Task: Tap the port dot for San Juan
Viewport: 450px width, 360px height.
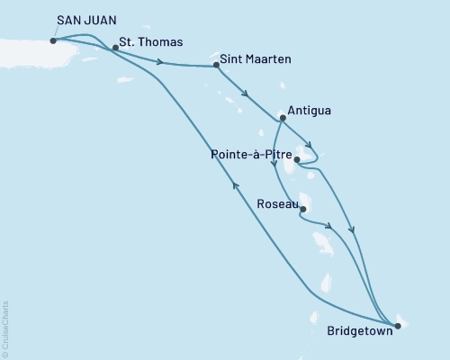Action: click(54, 40)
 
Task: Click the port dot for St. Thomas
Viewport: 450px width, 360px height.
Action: click(115, 48)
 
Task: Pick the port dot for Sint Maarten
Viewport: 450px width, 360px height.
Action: click(216, 65)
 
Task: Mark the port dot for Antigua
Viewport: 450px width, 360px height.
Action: click(283, 118)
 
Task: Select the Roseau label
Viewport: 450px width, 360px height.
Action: click(274, 204)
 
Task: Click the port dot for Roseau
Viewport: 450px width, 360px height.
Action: click(302, 210)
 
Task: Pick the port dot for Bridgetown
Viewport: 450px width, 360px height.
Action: click(397, 325)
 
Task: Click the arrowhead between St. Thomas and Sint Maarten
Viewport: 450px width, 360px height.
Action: click(160, 61)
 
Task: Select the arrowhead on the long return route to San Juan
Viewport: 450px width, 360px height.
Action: click(236, 185)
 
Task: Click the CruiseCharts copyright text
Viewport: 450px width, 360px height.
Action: click(5, 329)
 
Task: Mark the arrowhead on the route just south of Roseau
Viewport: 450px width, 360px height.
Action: click(330, 227)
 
